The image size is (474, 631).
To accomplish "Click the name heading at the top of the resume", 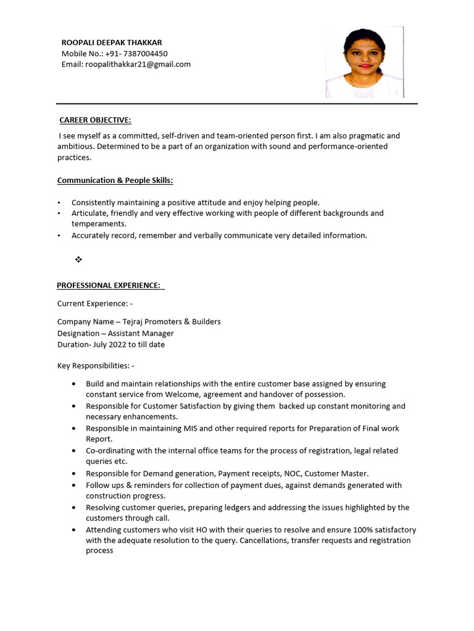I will point(112,43).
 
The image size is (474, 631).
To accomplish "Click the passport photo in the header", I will point(365,62).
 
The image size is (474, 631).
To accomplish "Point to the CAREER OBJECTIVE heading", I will point(95,120).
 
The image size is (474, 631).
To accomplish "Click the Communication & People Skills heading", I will point(115,181).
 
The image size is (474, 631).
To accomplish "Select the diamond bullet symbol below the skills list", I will point(78,259).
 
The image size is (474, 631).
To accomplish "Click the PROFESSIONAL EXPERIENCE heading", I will point(109,285).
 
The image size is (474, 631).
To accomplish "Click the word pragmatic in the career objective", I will point(362,136).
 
